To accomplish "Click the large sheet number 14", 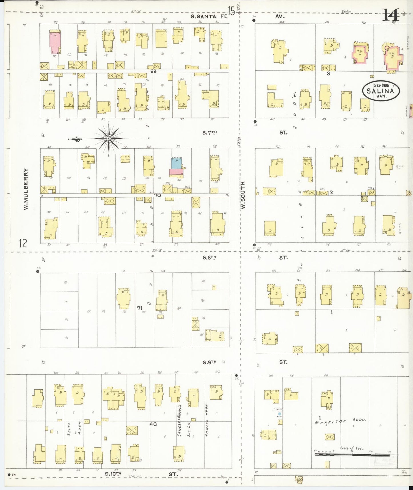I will pyautogui.click(x=391, y=15).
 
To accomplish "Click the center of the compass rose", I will pyautogui.click(x=109, y=139).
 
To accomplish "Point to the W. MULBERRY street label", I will pyautogui.click(x=26, y=189).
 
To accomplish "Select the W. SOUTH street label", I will pyautogui.click(x=243, y=195).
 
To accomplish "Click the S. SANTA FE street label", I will pyautogui.click(x=209, y=17).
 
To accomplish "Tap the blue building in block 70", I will pyautogui.click(x=176, y=163).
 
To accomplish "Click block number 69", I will pyautogui.click(x=153, y=71).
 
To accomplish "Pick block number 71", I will pyautogui.click(x=139, y=308).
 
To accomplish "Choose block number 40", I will pyautogui.click(x=153, y=424).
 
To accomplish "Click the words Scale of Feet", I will pyautogui.click(x=352, y=448).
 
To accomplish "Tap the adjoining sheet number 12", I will pyautogui.click(x=23, y=243).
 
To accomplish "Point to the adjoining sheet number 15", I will pyautogui.click(x=231, y=11).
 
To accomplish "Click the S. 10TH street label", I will pyautogui.click(x=113, y=474).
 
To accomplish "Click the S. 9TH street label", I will pyautogui.click(x=210, y=362).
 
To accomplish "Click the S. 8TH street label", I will pyautogui.click(x=210, y=258).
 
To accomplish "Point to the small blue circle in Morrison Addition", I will pyautogui.click(x=280, y=414).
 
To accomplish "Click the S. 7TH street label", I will pyautogui.click(x=210, y=133).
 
